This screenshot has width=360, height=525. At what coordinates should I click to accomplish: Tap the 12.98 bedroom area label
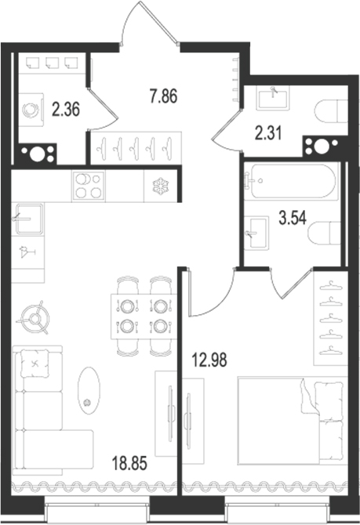(x=209, y=360)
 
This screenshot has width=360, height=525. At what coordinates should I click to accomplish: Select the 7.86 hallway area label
(x=164, y=96)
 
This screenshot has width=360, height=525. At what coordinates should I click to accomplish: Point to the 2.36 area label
(x=66, y=109)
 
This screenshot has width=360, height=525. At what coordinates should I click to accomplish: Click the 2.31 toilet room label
(x=268, y=133)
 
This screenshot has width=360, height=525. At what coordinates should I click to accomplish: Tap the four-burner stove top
(x=89, y=186)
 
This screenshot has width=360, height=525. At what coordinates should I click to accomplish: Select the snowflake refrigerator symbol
(x=161, y=186)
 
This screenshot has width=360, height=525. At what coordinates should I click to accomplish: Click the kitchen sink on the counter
(x=28, y=219)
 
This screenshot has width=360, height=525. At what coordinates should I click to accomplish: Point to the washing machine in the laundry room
(x=31, y=110)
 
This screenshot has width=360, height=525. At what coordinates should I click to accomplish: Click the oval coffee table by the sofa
(x=89, y=391)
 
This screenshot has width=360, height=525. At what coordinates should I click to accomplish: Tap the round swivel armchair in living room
(x=35, y=318)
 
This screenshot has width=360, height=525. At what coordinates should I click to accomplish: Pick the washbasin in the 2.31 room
(x=273, y=97)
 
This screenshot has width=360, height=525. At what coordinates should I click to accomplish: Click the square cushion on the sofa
(x=35, y=364)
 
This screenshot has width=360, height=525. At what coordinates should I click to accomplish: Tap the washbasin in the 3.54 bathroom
(x=256, y=233)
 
